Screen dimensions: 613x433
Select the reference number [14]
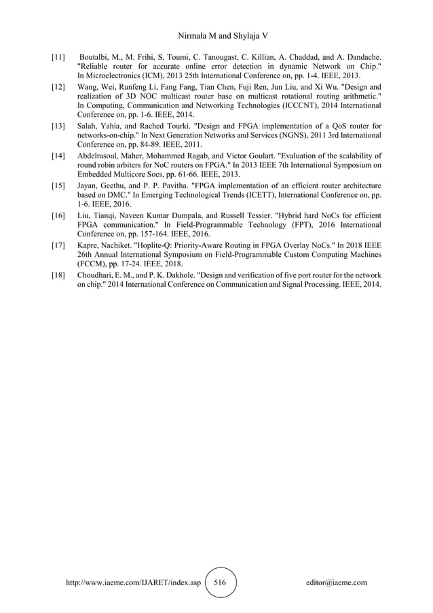(x=59, y=156)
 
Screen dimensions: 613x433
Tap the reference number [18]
(x=59, y=276)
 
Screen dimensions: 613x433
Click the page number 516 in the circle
(x=220, y=582)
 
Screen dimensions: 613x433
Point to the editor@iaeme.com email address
(x=337, y=583)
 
